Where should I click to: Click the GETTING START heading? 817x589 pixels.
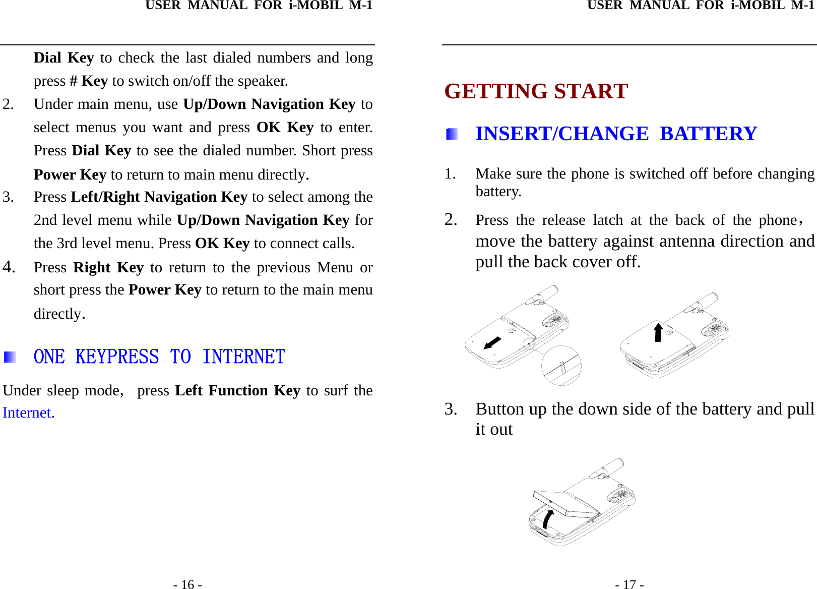click(536, 91)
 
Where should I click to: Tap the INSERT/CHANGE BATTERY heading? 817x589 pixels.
click(616, 134)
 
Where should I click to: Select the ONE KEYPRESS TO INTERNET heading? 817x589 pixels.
click(159, 357)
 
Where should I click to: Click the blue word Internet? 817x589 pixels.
click(27, 413)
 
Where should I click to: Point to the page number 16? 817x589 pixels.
click(188, 584)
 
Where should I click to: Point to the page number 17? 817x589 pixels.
click(629, 584)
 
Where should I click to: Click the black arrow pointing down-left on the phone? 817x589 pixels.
click(492, 343)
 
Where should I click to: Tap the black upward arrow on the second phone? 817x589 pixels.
click(658, 332)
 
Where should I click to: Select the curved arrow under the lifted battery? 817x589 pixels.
click(548, 519)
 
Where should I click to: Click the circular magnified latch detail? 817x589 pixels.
click(561, 366)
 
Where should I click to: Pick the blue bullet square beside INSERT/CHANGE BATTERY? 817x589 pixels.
click(452, 134)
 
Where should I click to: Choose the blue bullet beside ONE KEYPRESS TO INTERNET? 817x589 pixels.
click(10, 358)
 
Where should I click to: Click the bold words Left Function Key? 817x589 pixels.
click(237, 391)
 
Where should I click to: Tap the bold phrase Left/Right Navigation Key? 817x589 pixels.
click(159, 197)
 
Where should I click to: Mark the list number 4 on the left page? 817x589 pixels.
click(9, 266)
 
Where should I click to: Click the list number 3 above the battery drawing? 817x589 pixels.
click(451, 409)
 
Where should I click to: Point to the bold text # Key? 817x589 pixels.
click(89, 81)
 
